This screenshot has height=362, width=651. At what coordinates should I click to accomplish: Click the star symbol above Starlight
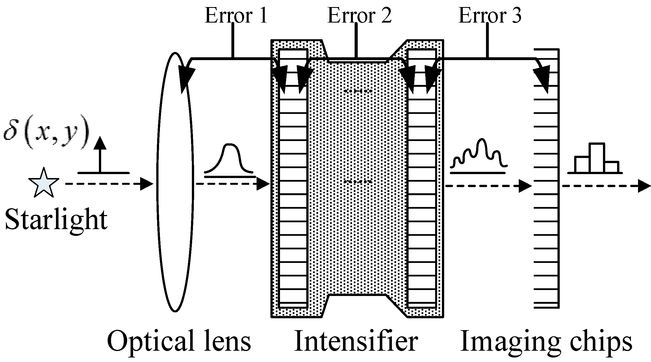(x=44, y=183)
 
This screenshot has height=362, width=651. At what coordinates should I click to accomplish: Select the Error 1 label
(x=236, y=15)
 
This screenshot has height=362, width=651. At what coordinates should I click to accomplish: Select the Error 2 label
(x=359, y=15)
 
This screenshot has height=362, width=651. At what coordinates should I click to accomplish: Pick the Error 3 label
(x=490, y=15)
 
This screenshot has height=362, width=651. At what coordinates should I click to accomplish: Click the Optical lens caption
(x=179, y=342)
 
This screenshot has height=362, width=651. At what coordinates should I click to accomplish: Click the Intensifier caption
(x=356, y=342)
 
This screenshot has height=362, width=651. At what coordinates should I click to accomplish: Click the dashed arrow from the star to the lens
(x=109, y=184)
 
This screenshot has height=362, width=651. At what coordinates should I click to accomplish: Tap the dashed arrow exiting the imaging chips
(x=605, y=186)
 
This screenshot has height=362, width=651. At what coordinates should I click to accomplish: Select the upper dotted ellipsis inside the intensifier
(x=357, y=91)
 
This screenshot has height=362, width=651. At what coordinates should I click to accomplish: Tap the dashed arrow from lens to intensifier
(x=232, y=184)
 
